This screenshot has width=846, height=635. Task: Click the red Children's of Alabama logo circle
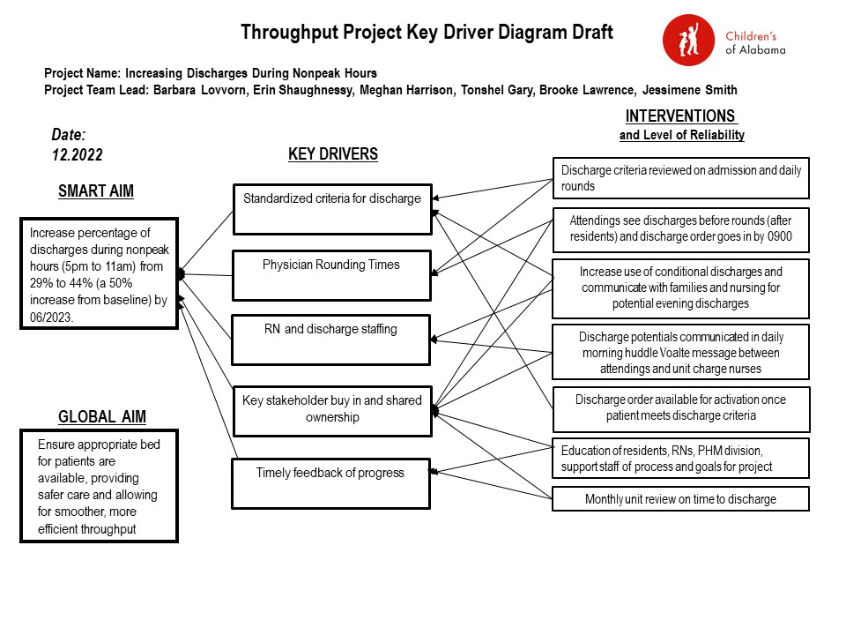tap(689, 41)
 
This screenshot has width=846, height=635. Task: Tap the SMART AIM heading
tap(96, 191)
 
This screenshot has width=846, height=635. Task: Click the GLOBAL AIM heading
tap(102, 417)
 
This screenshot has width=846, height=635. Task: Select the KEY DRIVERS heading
tap(333, 153)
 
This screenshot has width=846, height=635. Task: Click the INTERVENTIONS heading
tap(680, 116)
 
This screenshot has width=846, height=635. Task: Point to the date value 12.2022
tap(78, 155)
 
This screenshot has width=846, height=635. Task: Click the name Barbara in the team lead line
tap(174, 90)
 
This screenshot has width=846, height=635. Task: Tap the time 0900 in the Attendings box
tap(780, 236)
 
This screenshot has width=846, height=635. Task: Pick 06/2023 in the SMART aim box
tap(51, 317)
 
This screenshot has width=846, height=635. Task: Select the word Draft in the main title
tap(592, 33)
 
